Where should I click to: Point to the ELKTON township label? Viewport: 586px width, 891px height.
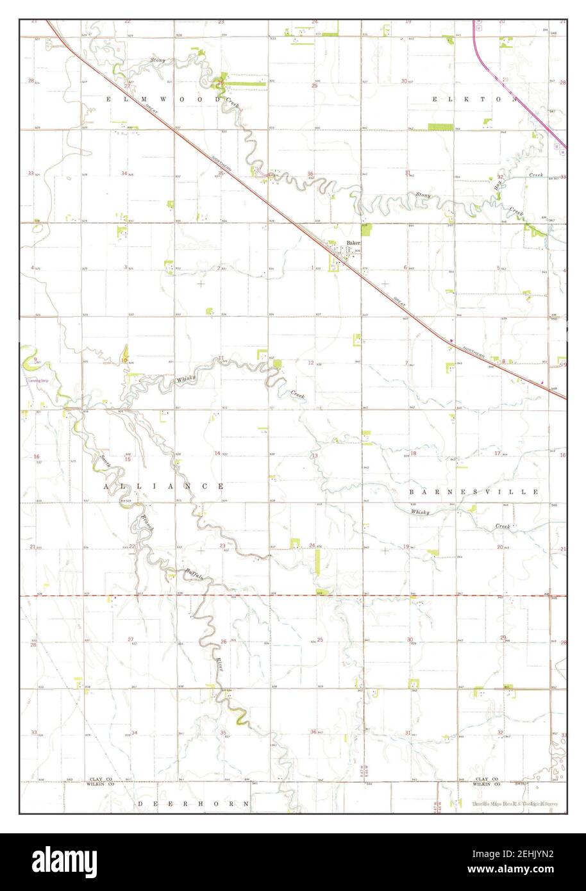pyautogui.click(x=474, y=99)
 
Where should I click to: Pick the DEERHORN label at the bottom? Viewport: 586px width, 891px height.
pyautogui.click(x=192, y=803)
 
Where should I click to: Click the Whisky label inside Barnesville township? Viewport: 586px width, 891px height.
pyautogui.click(x=420, y=512)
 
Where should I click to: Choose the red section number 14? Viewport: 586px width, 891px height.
pyautogui.click(x=217, y=453)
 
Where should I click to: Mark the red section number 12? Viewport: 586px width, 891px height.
pyautogui.click(x=310, y=363)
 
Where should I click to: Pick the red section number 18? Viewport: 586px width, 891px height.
pyautogui.click(x=414, y=453)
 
